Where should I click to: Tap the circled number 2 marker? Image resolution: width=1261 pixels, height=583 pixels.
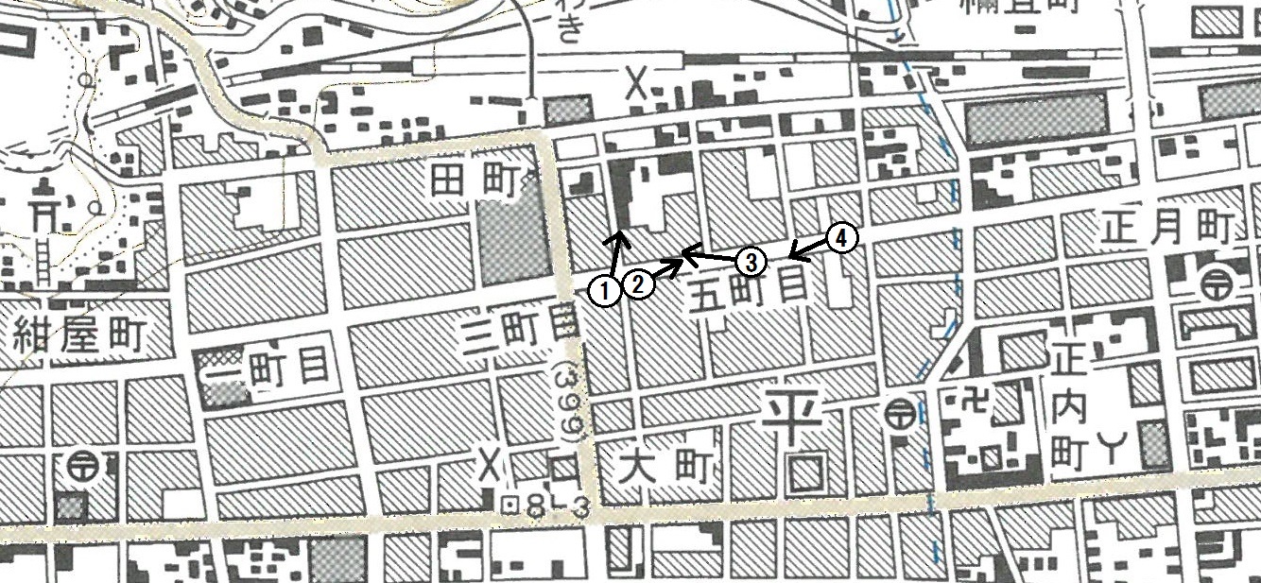click(x=639, y=283)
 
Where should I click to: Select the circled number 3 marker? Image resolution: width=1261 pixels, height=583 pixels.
click(x=749, y=260)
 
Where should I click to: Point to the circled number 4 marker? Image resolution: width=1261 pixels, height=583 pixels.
click(x=841, y=237)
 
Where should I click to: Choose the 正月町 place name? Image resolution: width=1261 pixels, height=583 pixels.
click(x=1168, y=228)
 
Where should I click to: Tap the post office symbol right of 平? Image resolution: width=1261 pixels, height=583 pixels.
click(x=899, y=413)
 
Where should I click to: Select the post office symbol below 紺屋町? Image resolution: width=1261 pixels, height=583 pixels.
click(x=84, y=465)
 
